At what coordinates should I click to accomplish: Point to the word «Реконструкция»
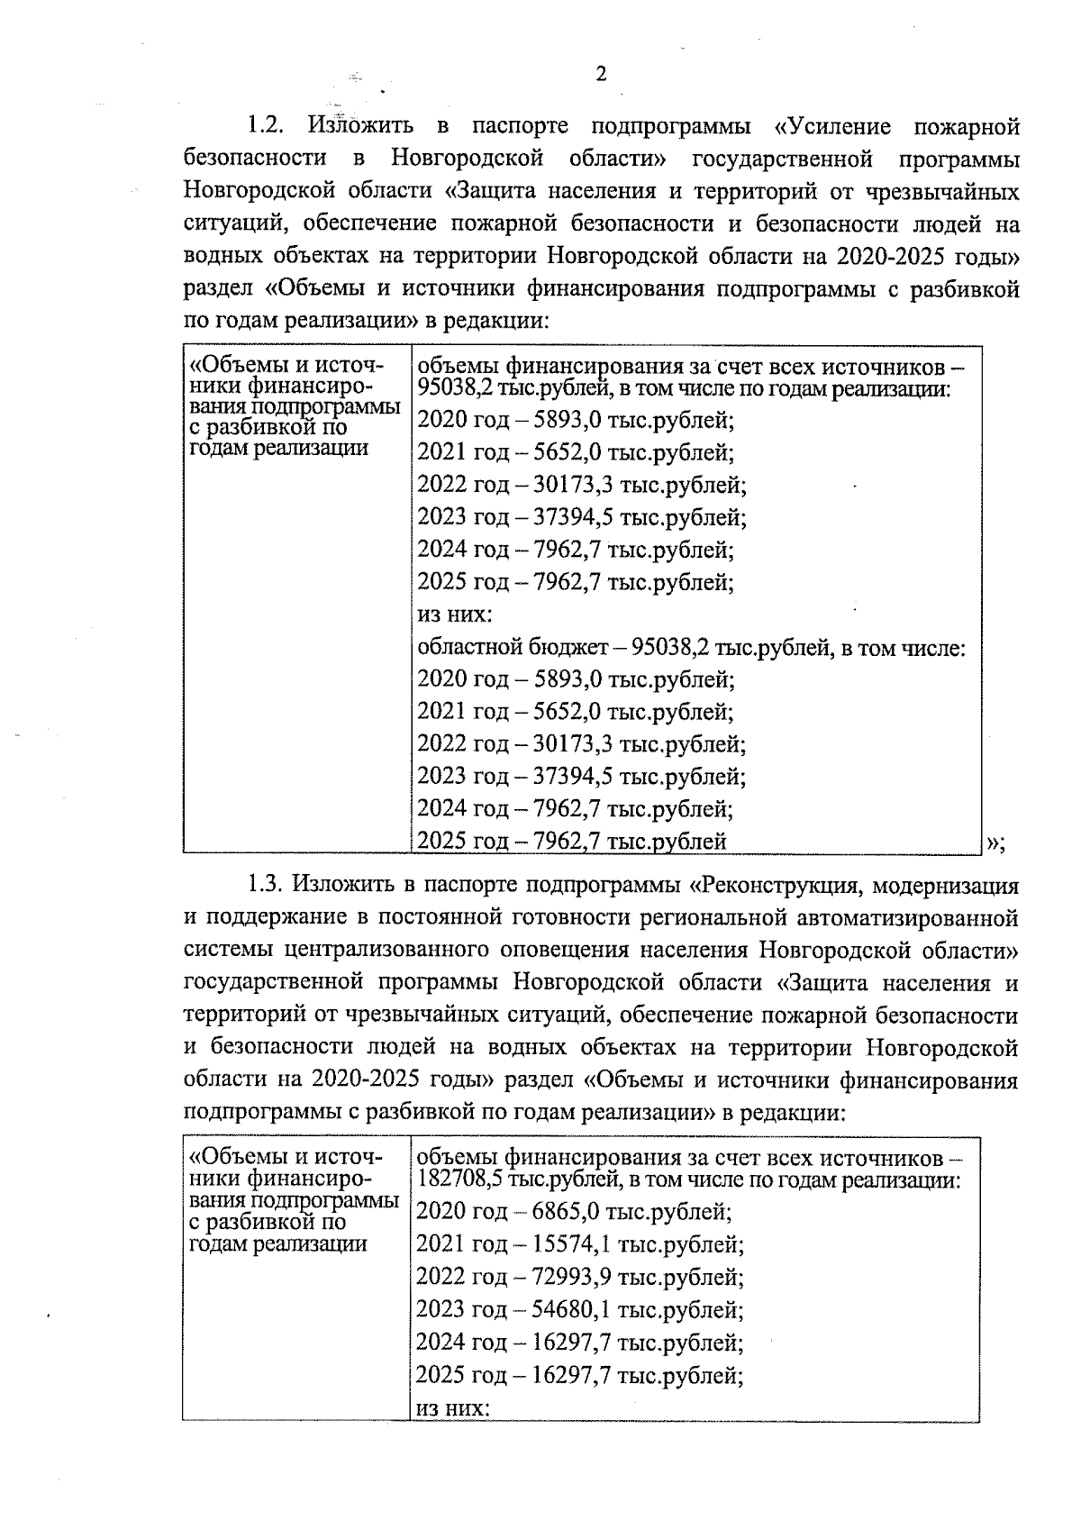772,886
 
